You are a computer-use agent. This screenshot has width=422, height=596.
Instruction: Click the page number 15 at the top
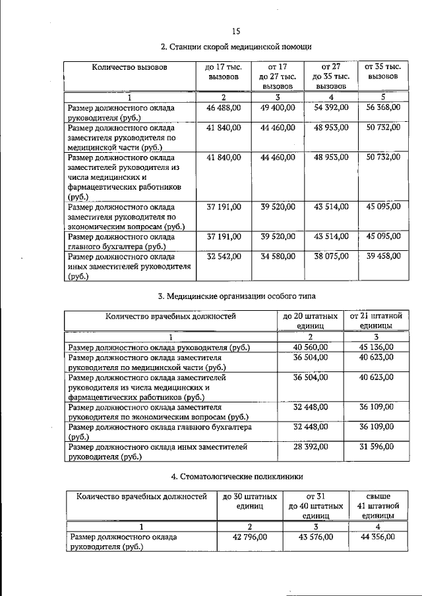pos(236,30)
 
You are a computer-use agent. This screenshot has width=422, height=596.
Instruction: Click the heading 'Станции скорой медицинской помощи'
pos(236,47)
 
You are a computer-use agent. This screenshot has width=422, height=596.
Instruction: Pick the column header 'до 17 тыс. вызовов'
pos(224,72)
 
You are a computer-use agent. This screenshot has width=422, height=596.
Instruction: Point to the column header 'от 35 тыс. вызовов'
pos(383,71)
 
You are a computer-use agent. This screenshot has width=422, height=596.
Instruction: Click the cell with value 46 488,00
pos(224,107)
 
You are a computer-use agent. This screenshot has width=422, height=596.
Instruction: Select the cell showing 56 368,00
pos(383,107)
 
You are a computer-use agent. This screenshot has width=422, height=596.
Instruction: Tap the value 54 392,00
pos(332,107)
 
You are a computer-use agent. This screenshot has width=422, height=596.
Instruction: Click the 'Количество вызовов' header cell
pos(129,67)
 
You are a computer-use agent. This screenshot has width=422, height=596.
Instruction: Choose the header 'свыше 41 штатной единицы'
pos(377,506)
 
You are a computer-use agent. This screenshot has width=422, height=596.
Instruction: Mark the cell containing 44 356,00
pos(377,537)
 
